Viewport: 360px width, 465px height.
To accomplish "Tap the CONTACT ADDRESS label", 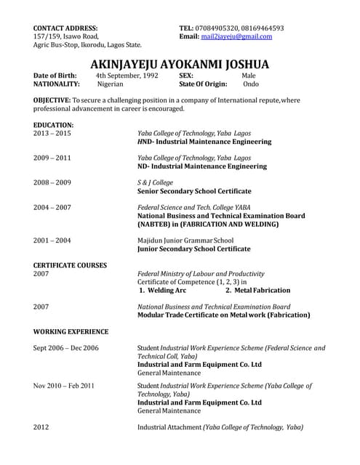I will click(65, 28).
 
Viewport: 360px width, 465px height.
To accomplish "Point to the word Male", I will click(249, 75).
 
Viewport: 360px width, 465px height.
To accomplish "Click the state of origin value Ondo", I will click(250, 84).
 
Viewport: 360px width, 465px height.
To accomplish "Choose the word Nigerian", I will click(111, 84).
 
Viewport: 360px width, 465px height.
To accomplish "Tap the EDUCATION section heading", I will click(53, 125).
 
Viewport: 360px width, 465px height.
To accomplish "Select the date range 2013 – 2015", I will click(52, 134).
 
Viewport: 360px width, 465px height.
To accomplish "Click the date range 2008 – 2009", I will click(52, 183).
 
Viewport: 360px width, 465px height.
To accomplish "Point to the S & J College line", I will click(155, 183).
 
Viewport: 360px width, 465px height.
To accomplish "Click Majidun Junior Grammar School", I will click(185, 240).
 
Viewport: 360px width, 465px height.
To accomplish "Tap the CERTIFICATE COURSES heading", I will click(70, 265).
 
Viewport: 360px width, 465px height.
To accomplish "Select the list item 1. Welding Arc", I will click(163, 290).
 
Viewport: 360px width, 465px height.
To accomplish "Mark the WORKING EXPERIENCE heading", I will click(71, 331).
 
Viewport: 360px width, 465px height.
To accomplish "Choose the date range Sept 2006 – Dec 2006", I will click(65, 348).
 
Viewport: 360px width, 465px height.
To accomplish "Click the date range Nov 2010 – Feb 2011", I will click(63, 385).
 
